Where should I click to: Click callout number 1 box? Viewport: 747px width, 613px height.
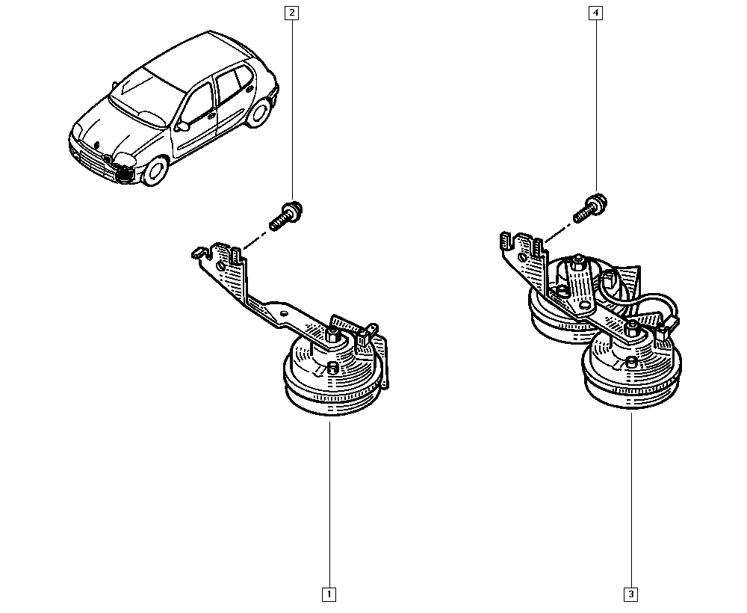(x=328, y=595)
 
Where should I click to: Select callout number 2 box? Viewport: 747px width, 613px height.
(x=291, y=13)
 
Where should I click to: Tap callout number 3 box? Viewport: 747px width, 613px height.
(x=631, y=595)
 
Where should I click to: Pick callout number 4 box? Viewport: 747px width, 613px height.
(x=596, y=13)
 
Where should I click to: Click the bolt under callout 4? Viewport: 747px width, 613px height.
(x=589, y=207)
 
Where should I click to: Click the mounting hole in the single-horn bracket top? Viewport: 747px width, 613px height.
(x=220, y=265)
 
